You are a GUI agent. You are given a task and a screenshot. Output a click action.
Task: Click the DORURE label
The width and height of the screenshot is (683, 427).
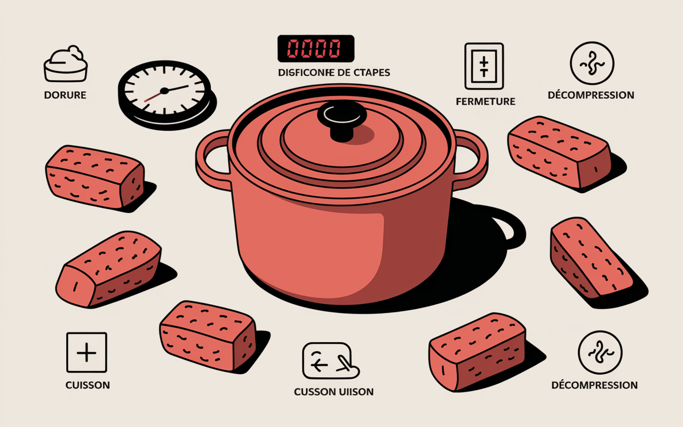(x=66, y=96)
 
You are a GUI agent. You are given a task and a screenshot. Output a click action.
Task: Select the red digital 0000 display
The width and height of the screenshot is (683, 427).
(x=315, y=49)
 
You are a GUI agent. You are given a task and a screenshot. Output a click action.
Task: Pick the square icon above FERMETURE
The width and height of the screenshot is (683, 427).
(x=484, y=66)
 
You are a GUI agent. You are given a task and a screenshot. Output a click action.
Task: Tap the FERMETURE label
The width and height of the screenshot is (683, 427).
(x=486, y=101)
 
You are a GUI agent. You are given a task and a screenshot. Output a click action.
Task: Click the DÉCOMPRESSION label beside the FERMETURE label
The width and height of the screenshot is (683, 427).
(x=591, y=95)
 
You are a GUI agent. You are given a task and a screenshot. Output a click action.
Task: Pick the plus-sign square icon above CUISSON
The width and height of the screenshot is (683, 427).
(x=86, y=352)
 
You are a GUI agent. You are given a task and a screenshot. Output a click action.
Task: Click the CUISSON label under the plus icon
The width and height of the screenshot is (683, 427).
(x=88, y=385)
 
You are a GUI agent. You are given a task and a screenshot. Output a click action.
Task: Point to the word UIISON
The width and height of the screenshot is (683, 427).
(x=353, y=392)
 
